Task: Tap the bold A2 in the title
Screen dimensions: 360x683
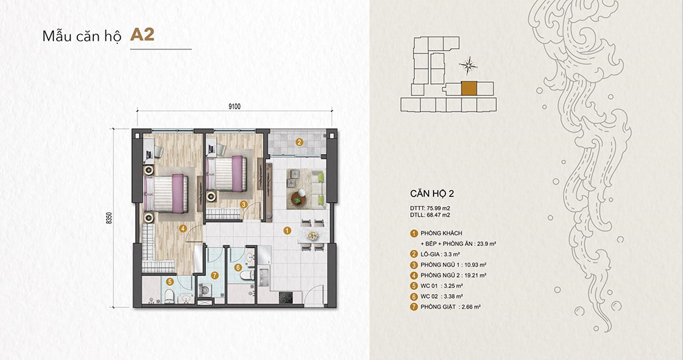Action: click(x=142, y=35)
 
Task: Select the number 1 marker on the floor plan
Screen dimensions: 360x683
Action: click(x=287, y=231)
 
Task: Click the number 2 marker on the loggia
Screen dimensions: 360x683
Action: click(x=299, y=142)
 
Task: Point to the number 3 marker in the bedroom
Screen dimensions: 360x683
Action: click(x=244, y=205)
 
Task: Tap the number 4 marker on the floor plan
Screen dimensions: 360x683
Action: click(x=183, y=228)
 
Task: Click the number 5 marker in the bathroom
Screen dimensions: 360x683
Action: click(x=170, y=282)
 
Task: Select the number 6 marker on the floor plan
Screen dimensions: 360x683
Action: click(x=238, y=268)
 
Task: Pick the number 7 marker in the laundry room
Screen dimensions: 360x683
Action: click(x=214, y=275)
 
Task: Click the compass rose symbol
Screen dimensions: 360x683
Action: click(x=470, y=65)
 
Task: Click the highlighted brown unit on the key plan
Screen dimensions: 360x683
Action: click(x=469, y=89)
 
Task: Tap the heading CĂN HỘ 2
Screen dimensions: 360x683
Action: click(x=432, y=194)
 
